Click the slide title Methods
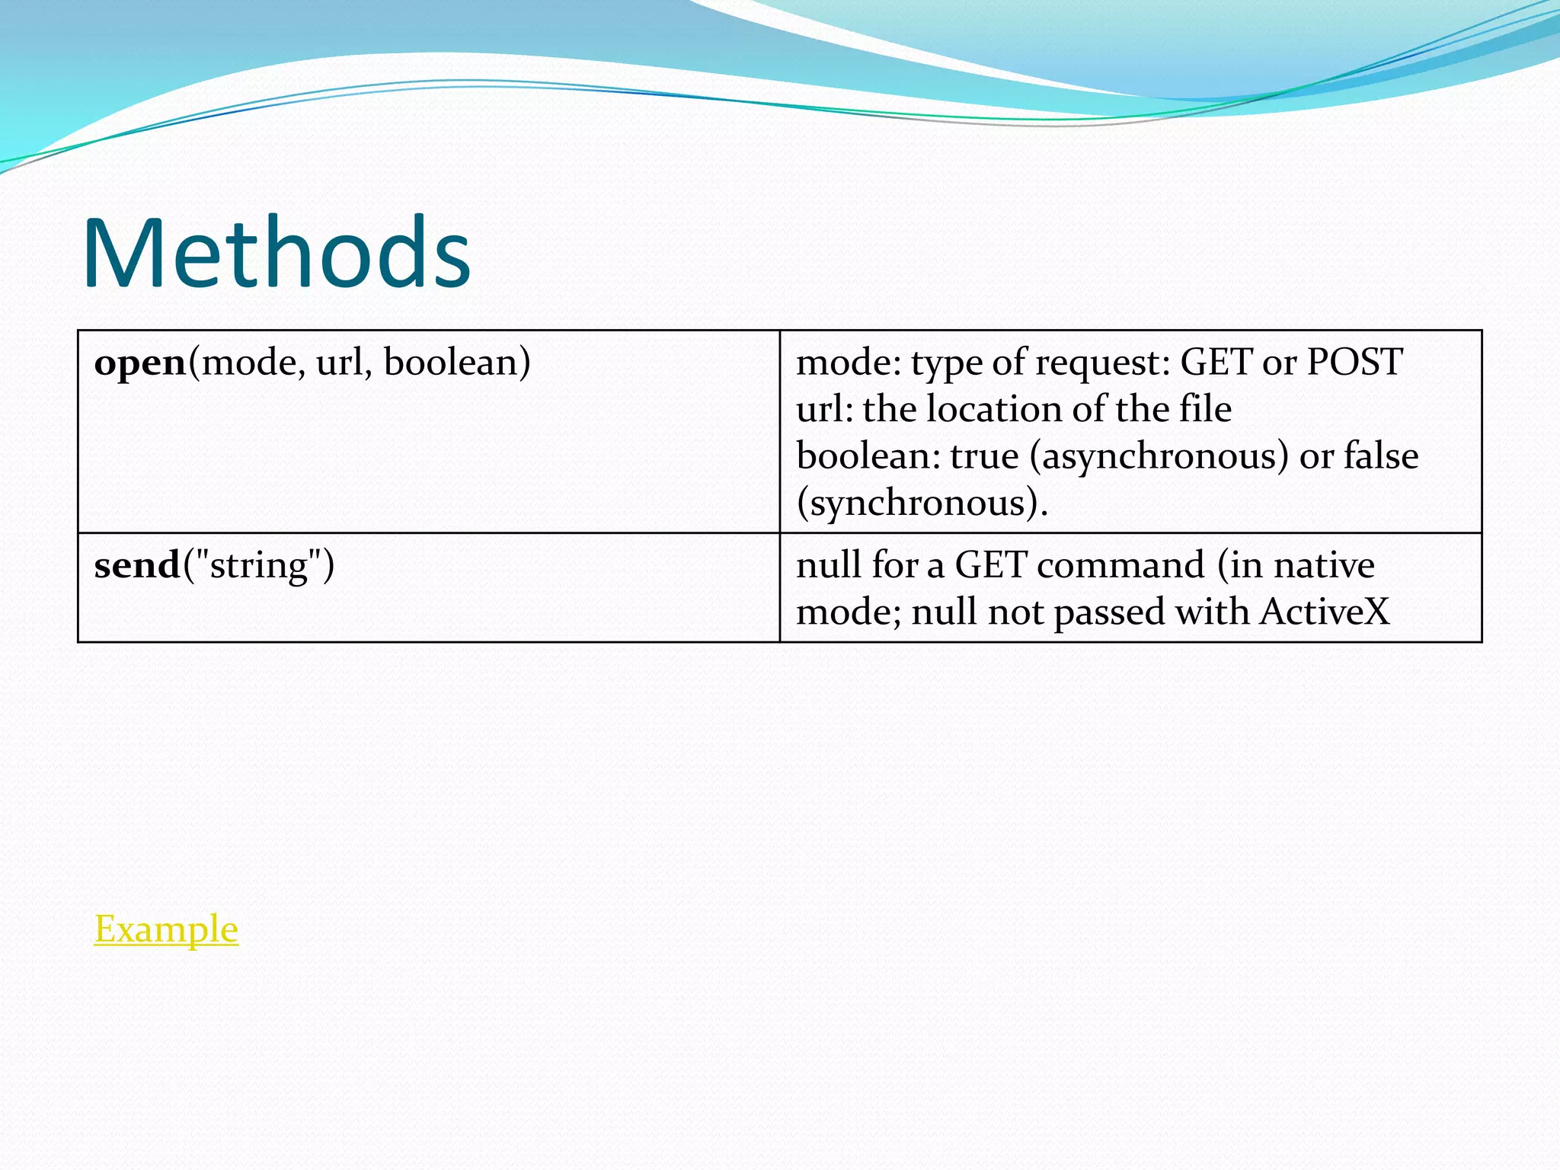276,253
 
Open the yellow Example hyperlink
166,929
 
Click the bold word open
140,363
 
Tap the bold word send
137,566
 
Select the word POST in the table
1354,362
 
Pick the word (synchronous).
922,503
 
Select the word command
1120,566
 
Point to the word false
1381,456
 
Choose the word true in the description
984,456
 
